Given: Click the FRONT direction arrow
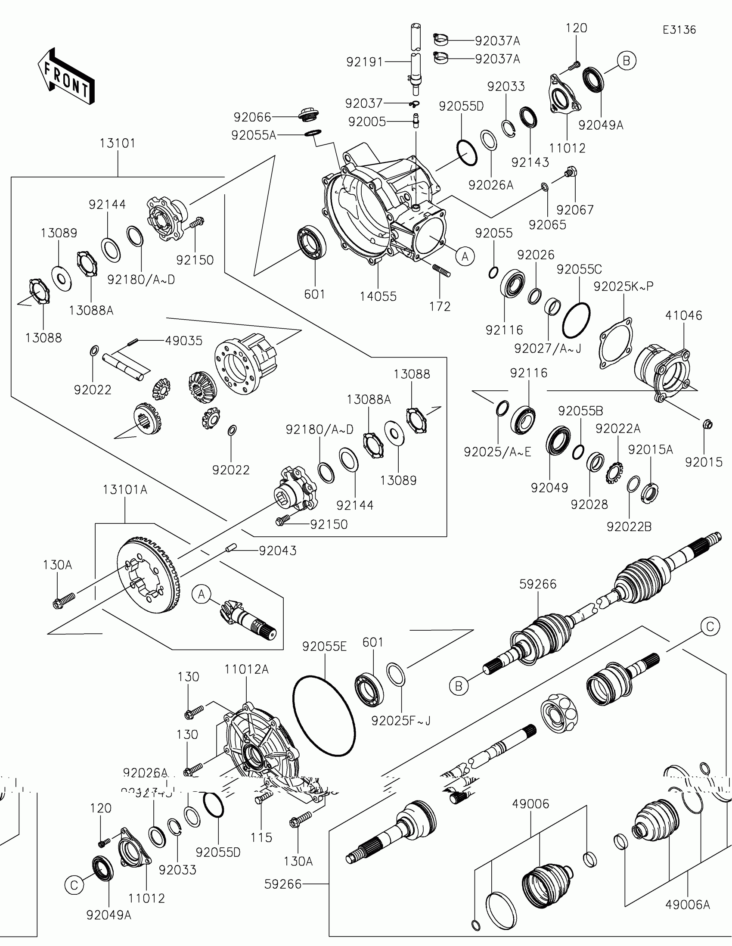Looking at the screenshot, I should click(66, 76).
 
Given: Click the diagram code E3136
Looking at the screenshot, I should click(679, 30).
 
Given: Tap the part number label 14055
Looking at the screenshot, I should click(378, 296).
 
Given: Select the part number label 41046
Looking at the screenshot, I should click(683, 315).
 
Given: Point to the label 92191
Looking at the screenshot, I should click(364, 62).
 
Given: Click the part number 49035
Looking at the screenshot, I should click(183, 341).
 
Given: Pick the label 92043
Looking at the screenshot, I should click(277, 551).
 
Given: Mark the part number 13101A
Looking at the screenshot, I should click(125, 490).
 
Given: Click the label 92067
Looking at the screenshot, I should click(575, 210).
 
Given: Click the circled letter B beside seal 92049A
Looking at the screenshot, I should click(626, 61).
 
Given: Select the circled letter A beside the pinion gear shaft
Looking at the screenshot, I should click(201, 594).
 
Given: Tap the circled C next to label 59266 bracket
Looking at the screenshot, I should click(710, 626).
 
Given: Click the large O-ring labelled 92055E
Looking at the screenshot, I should click(324, 716).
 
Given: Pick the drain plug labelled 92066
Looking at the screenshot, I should click(309, 115).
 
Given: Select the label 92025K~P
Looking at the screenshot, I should click(623, 286).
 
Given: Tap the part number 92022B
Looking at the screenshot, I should click(629, 527).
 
